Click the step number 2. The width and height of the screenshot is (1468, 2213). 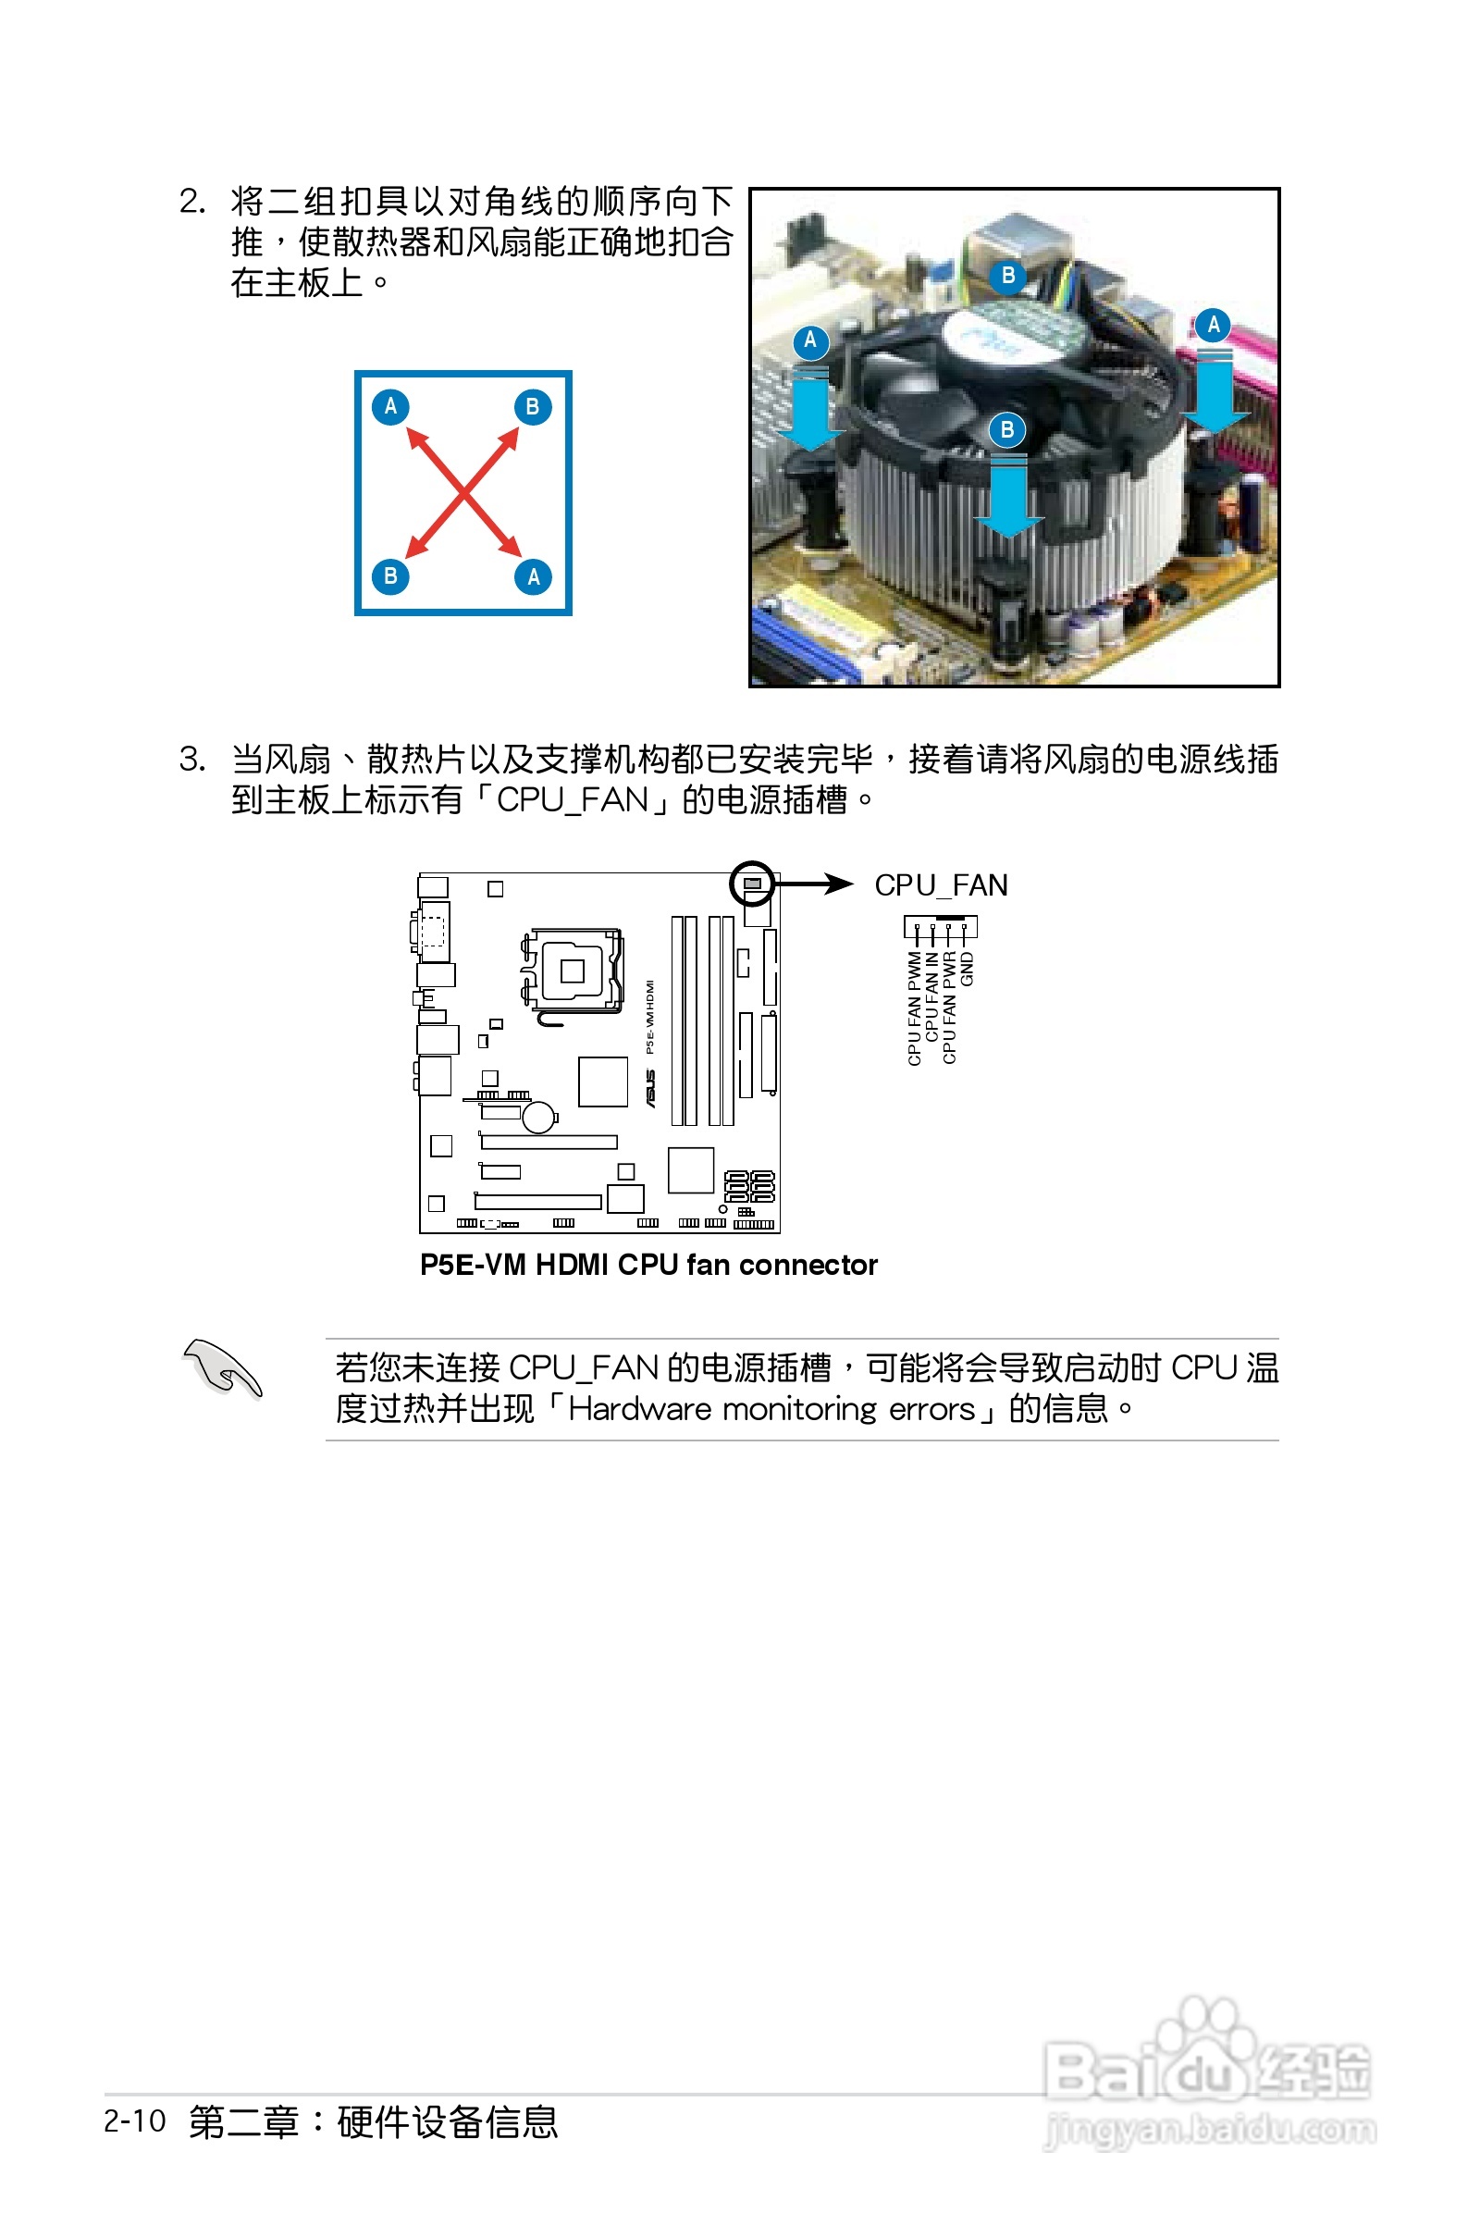(x=191, y=202)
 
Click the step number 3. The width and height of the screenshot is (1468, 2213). (x=191, y=759)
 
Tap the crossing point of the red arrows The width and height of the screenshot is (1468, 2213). (x=463, y=492)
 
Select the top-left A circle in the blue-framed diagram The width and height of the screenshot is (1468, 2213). (x=390, y=406)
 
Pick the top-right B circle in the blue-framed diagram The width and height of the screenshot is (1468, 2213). (x=533, y=407)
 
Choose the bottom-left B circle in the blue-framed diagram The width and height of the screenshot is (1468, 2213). (x=390, y=576)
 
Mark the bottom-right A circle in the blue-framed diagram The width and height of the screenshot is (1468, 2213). (x=533, y=576)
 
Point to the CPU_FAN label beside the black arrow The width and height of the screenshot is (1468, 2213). (x=940, y=885)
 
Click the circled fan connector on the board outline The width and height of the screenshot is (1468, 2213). (x=752, y=884)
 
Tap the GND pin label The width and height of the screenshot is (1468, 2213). (x=968, y=969)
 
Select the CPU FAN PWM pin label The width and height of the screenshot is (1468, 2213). (x=915, y=1008)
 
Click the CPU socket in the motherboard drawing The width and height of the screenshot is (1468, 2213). (x=572, y=971)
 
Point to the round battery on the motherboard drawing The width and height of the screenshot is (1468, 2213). (x=539, y=1117)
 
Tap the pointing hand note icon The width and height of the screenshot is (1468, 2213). (x=222, y=1368)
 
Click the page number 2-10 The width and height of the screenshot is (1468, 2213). (x=135, y=2120)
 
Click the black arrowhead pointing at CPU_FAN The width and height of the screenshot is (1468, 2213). (x=839, y=884)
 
